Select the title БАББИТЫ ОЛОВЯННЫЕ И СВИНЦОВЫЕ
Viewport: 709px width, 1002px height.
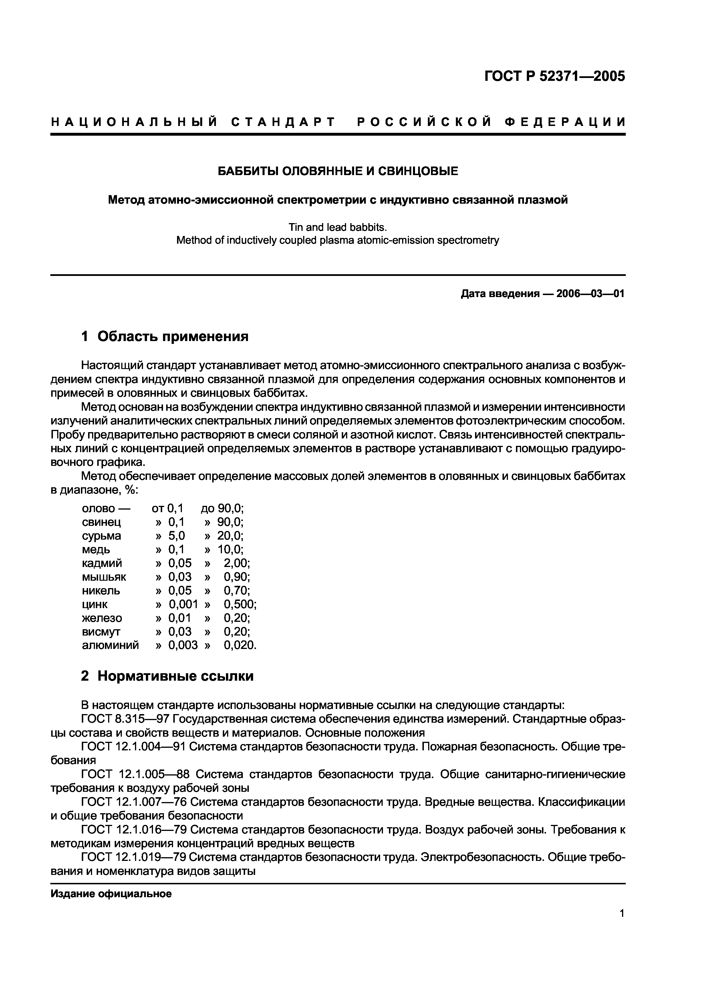pos(338,171)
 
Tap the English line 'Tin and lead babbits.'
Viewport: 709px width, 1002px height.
pos(338,227)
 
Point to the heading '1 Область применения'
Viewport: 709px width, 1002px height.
pos(165,336)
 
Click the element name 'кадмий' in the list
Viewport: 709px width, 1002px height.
pos(102,563)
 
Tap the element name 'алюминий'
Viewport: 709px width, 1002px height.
pos(110,645)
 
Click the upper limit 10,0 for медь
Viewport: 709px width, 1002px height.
pos(230,549)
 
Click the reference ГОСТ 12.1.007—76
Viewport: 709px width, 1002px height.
pos(133,802)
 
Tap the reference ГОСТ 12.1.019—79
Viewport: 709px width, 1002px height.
pos(133,857)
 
